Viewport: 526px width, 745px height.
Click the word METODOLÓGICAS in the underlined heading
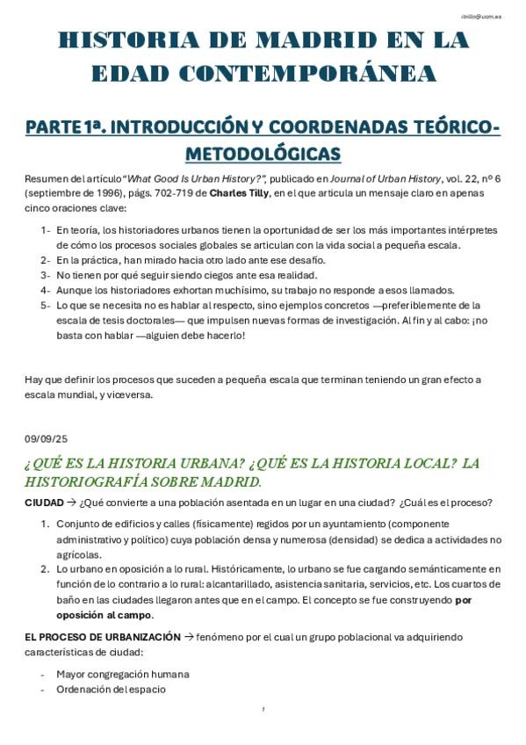(x=263, y=154)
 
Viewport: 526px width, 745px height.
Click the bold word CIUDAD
(x=44, y=503)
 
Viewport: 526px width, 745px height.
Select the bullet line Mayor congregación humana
(x=123, y=674)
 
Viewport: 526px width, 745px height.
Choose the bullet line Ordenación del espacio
(x=111, y=689)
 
